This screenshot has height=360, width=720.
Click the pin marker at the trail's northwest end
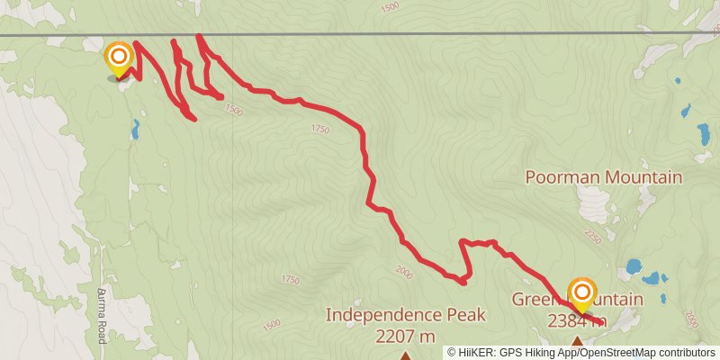118,60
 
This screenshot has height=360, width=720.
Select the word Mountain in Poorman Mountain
643,177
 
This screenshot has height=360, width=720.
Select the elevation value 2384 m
576,321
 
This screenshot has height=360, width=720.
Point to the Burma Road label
101,315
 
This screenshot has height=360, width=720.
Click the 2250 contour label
591,236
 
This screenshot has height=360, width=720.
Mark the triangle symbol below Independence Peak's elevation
404,355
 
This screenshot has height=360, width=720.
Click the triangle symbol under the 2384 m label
577,340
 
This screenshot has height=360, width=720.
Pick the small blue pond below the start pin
135,131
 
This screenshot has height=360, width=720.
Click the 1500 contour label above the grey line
389,7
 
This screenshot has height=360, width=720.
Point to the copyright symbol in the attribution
453,353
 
